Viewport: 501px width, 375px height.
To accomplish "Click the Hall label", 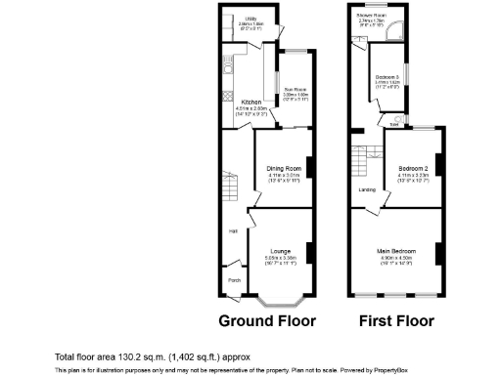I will [x=233, y=230].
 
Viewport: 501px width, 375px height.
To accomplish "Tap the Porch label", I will [x=234, y=280].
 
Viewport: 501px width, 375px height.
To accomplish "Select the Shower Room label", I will [x=370, y=17].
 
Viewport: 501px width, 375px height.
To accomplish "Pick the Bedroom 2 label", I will [x=410, y=168].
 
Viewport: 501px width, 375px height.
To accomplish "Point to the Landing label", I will [x=368, y=189].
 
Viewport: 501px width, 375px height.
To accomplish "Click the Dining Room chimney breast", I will [x=311, y=168].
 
